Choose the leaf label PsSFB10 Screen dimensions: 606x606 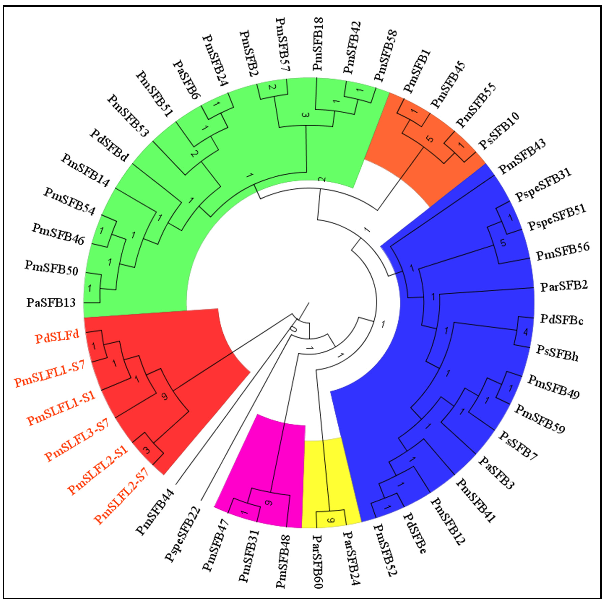click(x=499, y=130)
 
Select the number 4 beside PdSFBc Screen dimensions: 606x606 click(x=526, y=332)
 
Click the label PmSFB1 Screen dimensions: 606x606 click(x=417, y=71)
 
